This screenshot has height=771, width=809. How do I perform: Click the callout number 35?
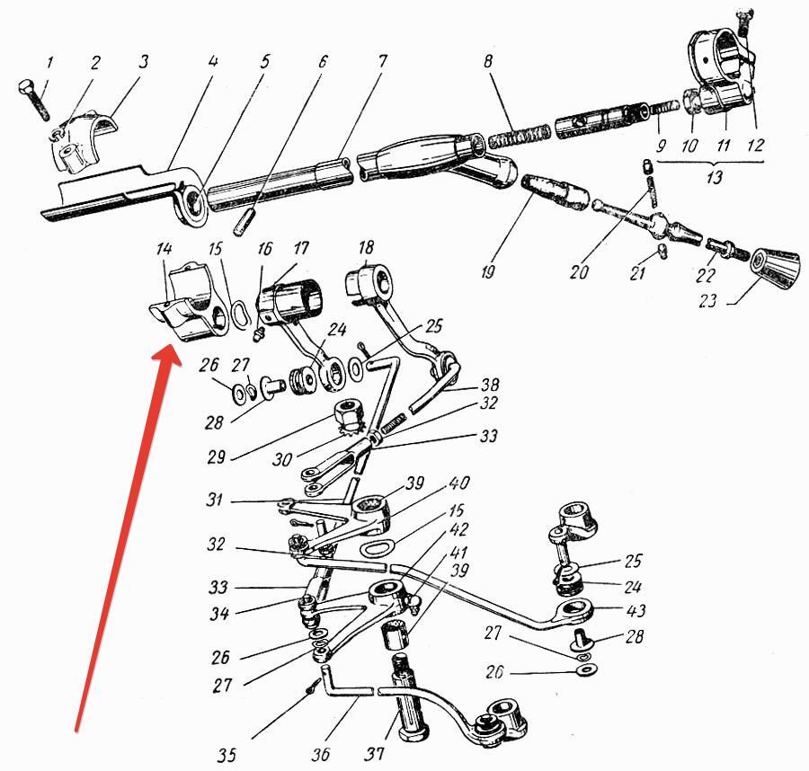click(x=227, y=753)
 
